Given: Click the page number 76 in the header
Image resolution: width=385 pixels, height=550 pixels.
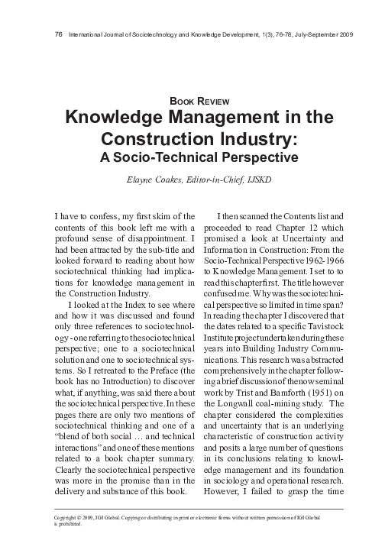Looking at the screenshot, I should pos(59,35).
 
